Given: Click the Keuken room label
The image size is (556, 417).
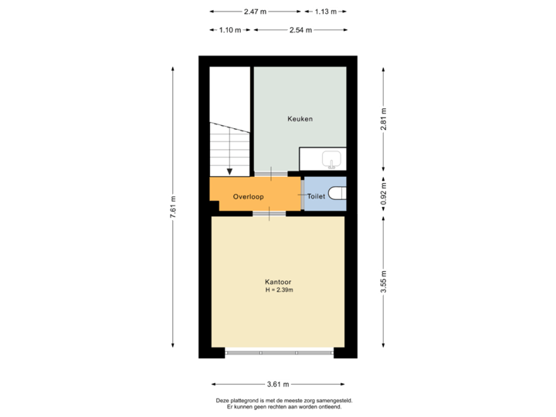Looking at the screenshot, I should click(x=300, y=119).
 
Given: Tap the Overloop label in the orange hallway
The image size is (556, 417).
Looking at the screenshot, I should click(x=248, y=197).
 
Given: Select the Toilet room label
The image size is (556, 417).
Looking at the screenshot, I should click(x=316, y=197).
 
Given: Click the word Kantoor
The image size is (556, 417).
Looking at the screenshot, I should click(x=278, y=282).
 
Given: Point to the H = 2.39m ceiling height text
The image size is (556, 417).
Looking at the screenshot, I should click(x=279, y=290).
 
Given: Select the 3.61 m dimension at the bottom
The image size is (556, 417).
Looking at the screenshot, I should click(x=278, y=384).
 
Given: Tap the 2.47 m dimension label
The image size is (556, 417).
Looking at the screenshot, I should click(x=255, y=12).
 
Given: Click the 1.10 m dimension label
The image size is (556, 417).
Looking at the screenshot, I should click(x=230, y=30).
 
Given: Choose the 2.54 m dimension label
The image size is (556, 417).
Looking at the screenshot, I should click(x=300, y=30).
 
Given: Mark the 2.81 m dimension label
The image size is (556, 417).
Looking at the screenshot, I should click(x=383, y=120).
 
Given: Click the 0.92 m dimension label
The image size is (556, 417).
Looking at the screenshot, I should click(x=383, y=192).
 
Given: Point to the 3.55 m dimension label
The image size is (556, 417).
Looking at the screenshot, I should click(x=383, y=281).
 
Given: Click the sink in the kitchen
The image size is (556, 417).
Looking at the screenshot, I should click(x=333, y=160).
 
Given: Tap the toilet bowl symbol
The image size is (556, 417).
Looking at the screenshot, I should click(x=337, y=193).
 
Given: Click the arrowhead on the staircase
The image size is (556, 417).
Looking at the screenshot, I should click(x=229, y=172).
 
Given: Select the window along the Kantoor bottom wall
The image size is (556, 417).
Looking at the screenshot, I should click(x=279, y=353).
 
